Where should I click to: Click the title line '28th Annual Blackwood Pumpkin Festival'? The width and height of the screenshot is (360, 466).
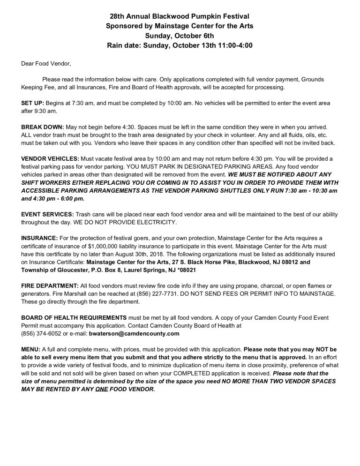point(180,17)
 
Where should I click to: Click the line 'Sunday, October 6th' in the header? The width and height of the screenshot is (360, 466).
point(180,36)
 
